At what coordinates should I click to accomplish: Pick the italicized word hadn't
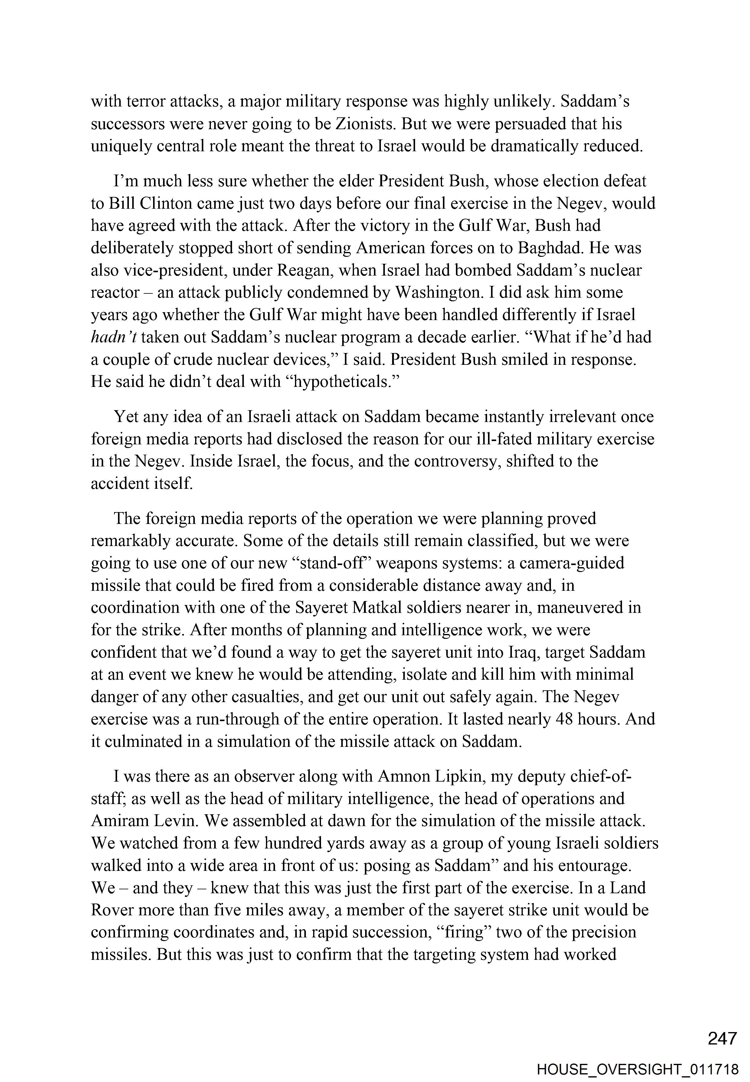113,337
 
